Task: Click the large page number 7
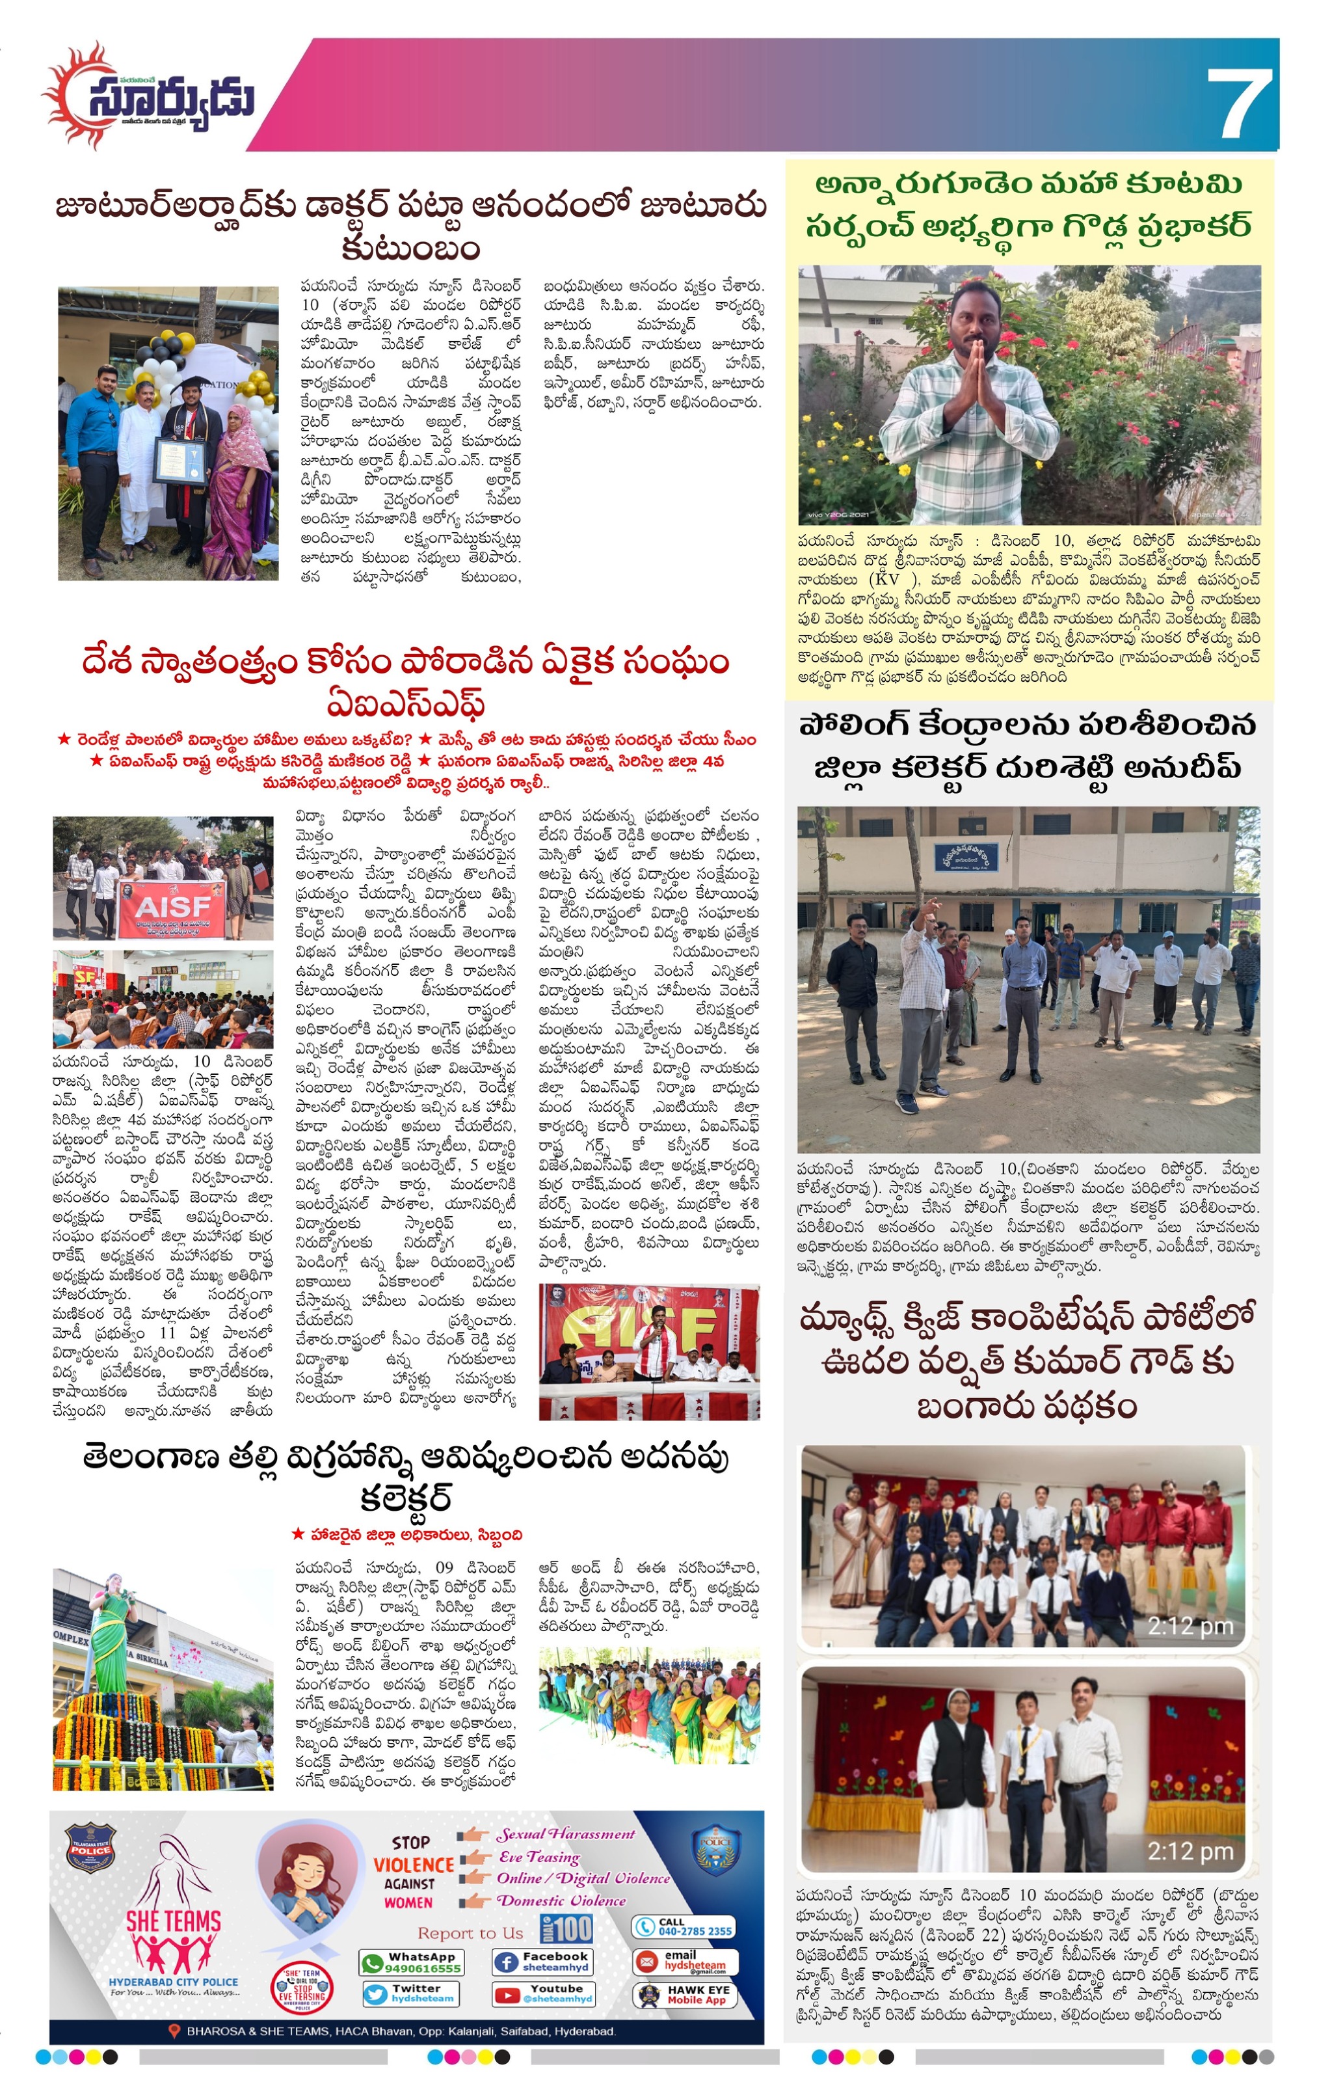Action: click(1239, 103)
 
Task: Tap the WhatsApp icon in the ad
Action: click(373, 1963)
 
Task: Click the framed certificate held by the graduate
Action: click(180, 459)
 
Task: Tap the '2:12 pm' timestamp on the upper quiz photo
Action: click(1190, 1627)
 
